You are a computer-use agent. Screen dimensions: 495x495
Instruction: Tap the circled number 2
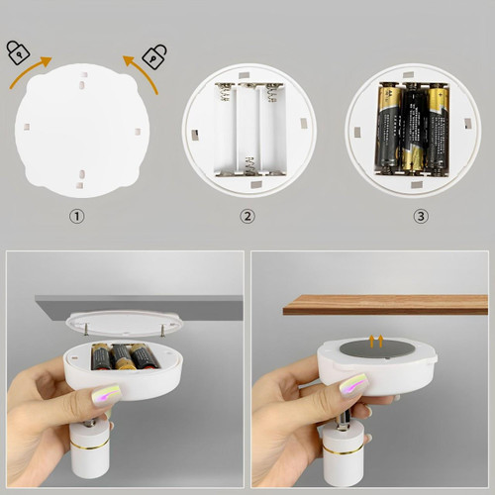click(247, 216)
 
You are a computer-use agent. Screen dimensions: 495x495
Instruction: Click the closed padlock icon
click(18, 52)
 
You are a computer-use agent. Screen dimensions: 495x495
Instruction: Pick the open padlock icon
click(154, 56)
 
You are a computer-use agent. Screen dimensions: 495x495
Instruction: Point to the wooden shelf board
click(385, 304)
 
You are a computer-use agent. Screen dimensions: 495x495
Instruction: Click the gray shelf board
click(139, 301)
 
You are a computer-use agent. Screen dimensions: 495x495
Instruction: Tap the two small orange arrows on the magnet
click(374, 342)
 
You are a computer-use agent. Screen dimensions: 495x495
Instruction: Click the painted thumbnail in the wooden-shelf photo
click(353, 386)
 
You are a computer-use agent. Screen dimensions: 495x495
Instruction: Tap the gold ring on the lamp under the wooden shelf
click(344, 450)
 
